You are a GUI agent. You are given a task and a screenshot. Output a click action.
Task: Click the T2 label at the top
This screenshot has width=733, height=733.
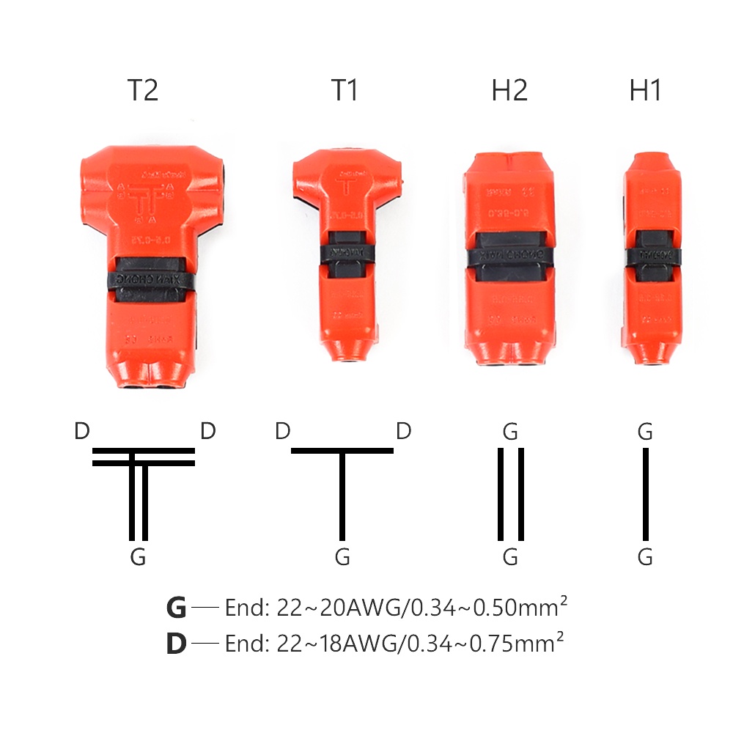pyautogui.click(x=143, y=90)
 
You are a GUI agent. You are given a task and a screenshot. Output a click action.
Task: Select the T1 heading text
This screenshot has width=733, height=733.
pyautogui.click(x=345, y=90)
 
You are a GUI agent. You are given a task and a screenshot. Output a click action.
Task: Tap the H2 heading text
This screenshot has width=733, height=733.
pyautogui.click(x=510, y=90)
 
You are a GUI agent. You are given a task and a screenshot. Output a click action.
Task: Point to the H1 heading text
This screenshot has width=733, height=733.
pyautogui.click(x=645, y=90)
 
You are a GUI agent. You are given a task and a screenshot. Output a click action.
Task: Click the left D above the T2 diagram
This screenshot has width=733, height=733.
pyautogui.click(x=82, y=431)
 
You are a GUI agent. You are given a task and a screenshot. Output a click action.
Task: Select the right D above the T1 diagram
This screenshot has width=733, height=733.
pyautogui.click(x=403, y=431)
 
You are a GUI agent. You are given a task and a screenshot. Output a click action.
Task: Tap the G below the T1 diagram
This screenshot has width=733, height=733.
pyautogui.click(x=342, y=558)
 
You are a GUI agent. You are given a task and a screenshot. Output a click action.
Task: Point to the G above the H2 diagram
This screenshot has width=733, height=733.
pyautogui.click(x=511, y=432)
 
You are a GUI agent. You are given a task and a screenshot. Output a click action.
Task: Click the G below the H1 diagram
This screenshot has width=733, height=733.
pyautogui.click(x=645, y=558)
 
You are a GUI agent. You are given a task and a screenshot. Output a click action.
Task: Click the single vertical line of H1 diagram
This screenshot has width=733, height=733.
pyautogui.click(x=646, y=493)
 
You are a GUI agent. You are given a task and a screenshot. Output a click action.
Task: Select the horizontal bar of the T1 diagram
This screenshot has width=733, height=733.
pyautogui.click(x=342, y=450)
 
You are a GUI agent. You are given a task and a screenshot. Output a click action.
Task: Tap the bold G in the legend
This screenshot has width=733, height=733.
pyautogui.click(x=177, y=608)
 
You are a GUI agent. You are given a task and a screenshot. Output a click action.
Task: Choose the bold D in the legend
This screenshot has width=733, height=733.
pyautogui.click(x=177, y=644)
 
